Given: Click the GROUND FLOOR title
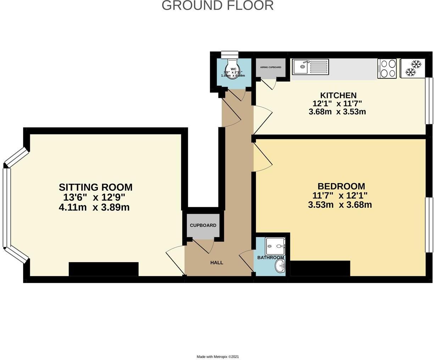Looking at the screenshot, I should pyautogui.click(x=217, y=6).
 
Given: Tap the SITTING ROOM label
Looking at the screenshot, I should pyautogui.click(x=95, y=187).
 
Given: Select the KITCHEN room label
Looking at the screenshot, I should pyautogui.click(x=338, y=95).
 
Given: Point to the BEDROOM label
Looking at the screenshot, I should pyautogui.click(x=341, y=186).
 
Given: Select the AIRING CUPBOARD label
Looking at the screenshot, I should pyautogui.click(x=271, y=67).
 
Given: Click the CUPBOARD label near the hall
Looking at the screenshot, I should pyautogui.click(x=203, y=225).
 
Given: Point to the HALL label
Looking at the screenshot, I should pyautogui.click(x=217, y=263).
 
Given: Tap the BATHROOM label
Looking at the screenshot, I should pyautogui.click(x=271, y=258).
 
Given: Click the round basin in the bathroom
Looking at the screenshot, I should pyautogui.click(x=280, y=266).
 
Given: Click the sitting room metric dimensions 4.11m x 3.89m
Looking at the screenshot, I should pyautogui.click(x=94, y=207).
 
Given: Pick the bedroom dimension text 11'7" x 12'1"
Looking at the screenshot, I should pyautogui.click(x=340, y=195).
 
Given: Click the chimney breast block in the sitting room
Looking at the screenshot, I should pyautogui.click(x=103, y=269).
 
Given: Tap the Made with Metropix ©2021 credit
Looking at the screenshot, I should pyautogui.click(x=218, y=356).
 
